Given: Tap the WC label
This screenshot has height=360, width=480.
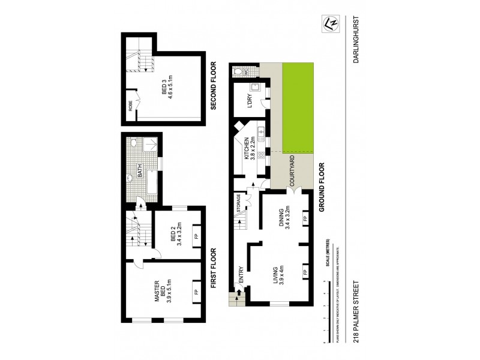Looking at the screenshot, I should click(x=245, y=71).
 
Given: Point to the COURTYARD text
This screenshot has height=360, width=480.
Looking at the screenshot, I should click(x=292, y=172).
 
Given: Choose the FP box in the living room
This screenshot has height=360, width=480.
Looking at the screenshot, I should click(x=305, y=272).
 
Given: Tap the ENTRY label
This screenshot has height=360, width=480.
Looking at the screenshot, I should click(x=241, y=274).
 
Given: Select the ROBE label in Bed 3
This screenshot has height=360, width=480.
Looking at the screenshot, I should click(x=130, y=106).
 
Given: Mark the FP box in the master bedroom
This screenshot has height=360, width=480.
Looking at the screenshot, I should click(x=195, y=292).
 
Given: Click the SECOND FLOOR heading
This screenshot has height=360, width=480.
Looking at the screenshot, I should click(x=213, y=86).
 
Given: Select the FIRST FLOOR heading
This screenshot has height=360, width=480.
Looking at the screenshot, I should click(x=213, y=268).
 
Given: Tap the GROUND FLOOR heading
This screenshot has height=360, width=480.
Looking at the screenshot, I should click(x=322, y=186).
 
